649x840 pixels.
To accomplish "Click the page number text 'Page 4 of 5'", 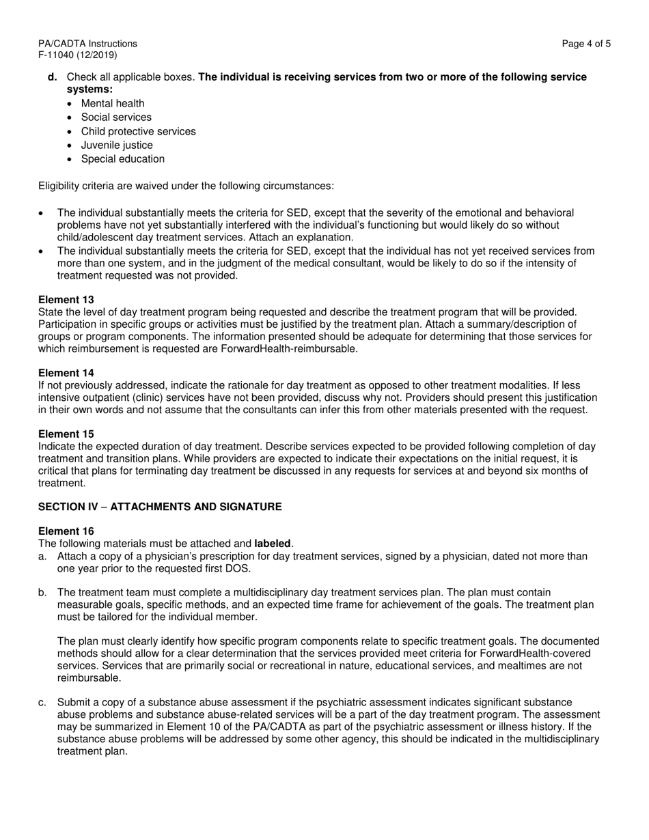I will pos(586,44).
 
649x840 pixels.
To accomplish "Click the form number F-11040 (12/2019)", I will pos(77,55).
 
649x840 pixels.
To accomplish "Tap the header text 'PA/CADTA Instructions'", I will pos(87,44).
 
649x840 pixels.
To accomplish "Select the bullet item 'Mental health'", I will pos(113,104).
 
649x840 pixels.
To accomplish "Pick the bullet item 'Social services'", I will pos(116,117).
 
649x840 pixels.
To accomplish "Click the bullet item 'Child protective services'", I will pos(138,131).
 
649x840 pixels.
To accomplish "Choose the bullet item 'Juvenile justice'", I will pos(117,145).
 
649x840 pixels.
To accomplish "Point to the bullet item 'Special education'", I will pos(122,159).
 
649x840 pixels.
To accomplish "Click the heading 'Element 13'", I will pos(66,300).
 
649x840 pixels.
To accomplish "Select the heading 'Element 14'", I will pos(66,373).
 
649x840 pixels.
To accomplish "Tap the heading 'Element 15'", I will pos(66,434).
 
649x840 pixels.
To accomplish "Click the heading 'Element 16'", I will pos(66,531).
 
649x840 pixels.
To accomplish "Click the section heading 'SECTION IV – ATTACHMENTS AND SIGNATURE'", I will pos(160,507).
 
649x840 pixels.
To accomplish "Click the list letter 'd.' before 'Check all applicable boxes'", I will pos(53,77).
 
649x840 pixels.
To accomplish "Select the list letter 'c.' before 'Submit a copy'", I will pos(42,703).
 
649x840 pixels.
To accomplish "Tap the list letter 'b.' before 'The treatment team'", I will pos(42,592).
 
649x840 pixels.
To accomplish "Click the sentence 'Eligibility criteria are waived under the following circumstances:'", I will pos(187,186).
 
